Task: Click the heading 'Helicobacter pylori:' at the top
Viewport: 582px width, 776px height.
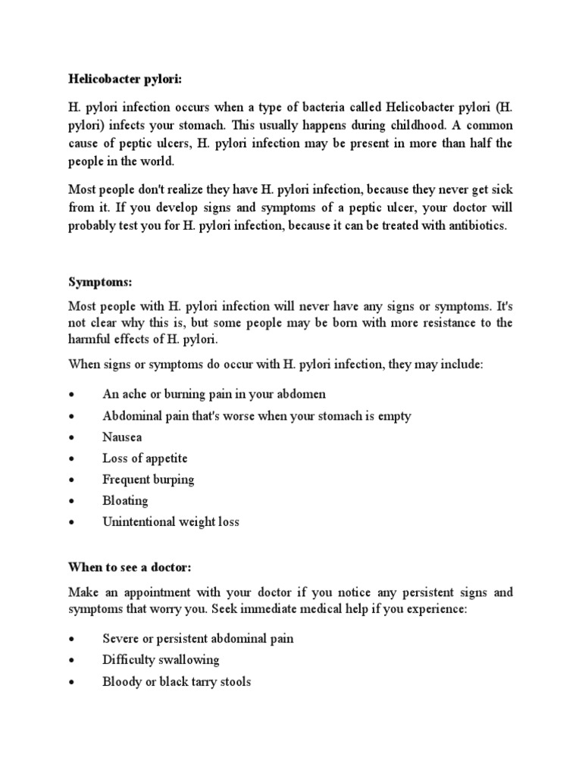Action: pyautogui.click(x=126, y=78)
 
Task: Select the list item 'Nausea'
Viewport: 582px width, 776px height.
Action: pyautogui.click(x=122, y=437)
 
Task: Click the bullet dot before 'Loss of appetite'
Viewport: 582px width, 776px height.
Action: pyautogui.click(x=71, y=459)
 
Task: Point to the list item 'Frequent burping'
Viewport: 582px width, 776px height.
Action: pyautogui.click(x=149, y=480)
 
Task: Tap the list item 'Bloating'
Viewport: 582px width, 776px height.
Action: pyautogui.click(x=125, y=501)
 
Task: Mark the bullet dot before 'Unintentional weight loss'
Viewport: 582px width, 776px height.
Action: pyautogui.click(x=71, y=523)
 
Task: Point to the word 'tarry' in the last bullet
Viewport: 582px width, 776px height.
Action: pyautogui.click(x=190, y=681)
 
